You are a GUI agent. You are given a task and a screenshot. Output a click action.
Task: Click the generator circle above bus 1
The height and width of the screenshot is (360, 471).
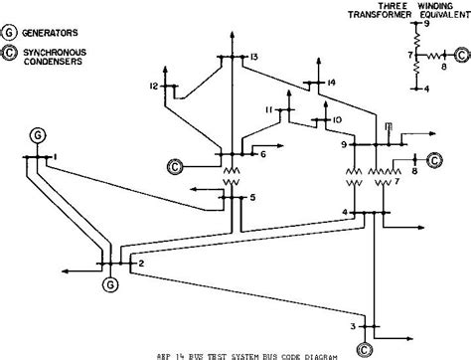(x=38, y=133)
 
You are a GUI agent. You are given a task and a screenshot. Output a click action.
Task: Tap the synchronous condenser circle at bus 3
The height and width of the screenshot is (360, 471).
(x=367, y=346)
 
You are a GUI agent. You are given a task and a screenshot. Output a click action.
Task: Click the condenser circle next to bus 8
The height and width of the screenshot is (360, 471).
(x=433, y=159)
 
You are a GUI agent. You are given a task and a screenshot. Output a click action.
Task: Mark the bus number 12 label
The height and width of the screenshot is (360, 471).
(x=154, y=88)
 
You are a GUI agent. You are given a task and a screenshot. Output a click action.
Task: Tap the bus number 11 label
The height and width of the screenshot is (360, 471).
(x=268, y=108)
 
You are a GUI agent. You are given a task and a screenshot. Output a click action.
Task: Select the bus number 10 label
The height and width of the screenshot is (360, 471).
(x=338, y=119)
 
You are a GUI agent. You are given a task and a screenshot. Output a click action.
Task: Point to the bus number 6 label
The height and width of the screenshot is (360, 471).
(x=262, y=154)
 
